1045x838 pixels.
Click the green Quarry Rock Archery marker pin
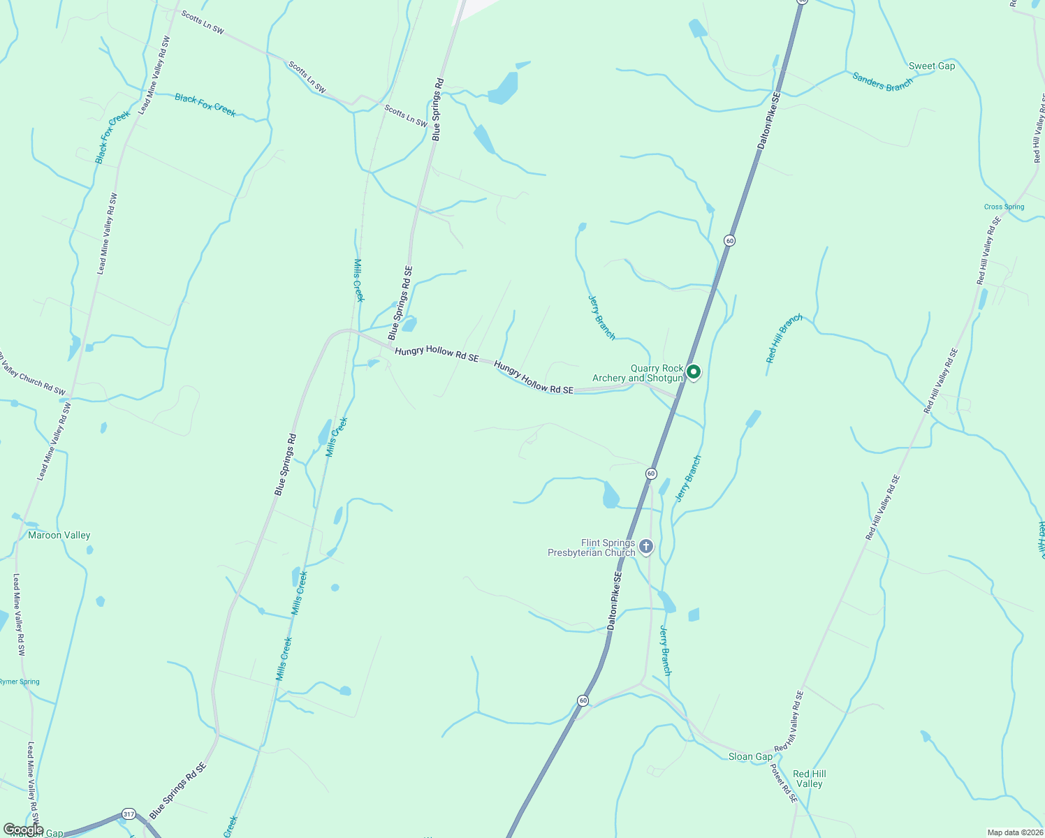point(694,372)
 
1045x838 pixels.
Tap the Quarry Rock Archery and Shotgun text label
point(637,374)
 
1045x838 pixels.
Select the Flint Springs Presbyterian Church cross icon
point(646,547)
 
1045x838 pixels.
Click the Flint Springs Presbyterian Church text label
point(591,547)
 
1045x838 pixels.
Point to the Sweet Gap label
point(931,66)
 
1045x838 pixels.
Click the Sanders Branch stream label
point(882,82)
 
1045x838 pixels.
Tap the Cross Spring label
point(1004,207)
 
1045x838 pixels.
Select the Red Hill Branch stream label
point(784,339)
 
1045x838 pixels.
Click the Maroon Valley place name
point(59,536)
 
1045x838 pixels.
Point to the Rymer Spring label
point(20,682)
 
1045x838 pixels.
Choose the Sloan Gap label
point(750,757)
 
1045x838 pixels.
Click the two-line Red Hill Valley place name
point(809,779)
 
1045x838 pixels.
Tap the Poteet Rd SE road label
point(783,783)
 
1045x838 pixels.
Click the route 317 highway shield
point(128,814)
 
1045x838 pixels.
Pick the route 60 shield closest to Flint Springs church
point(651,473)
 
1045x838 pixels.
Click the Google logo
point(24,830)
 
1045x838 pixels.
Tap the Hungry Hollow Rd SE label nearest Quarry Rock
point(534,378)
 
